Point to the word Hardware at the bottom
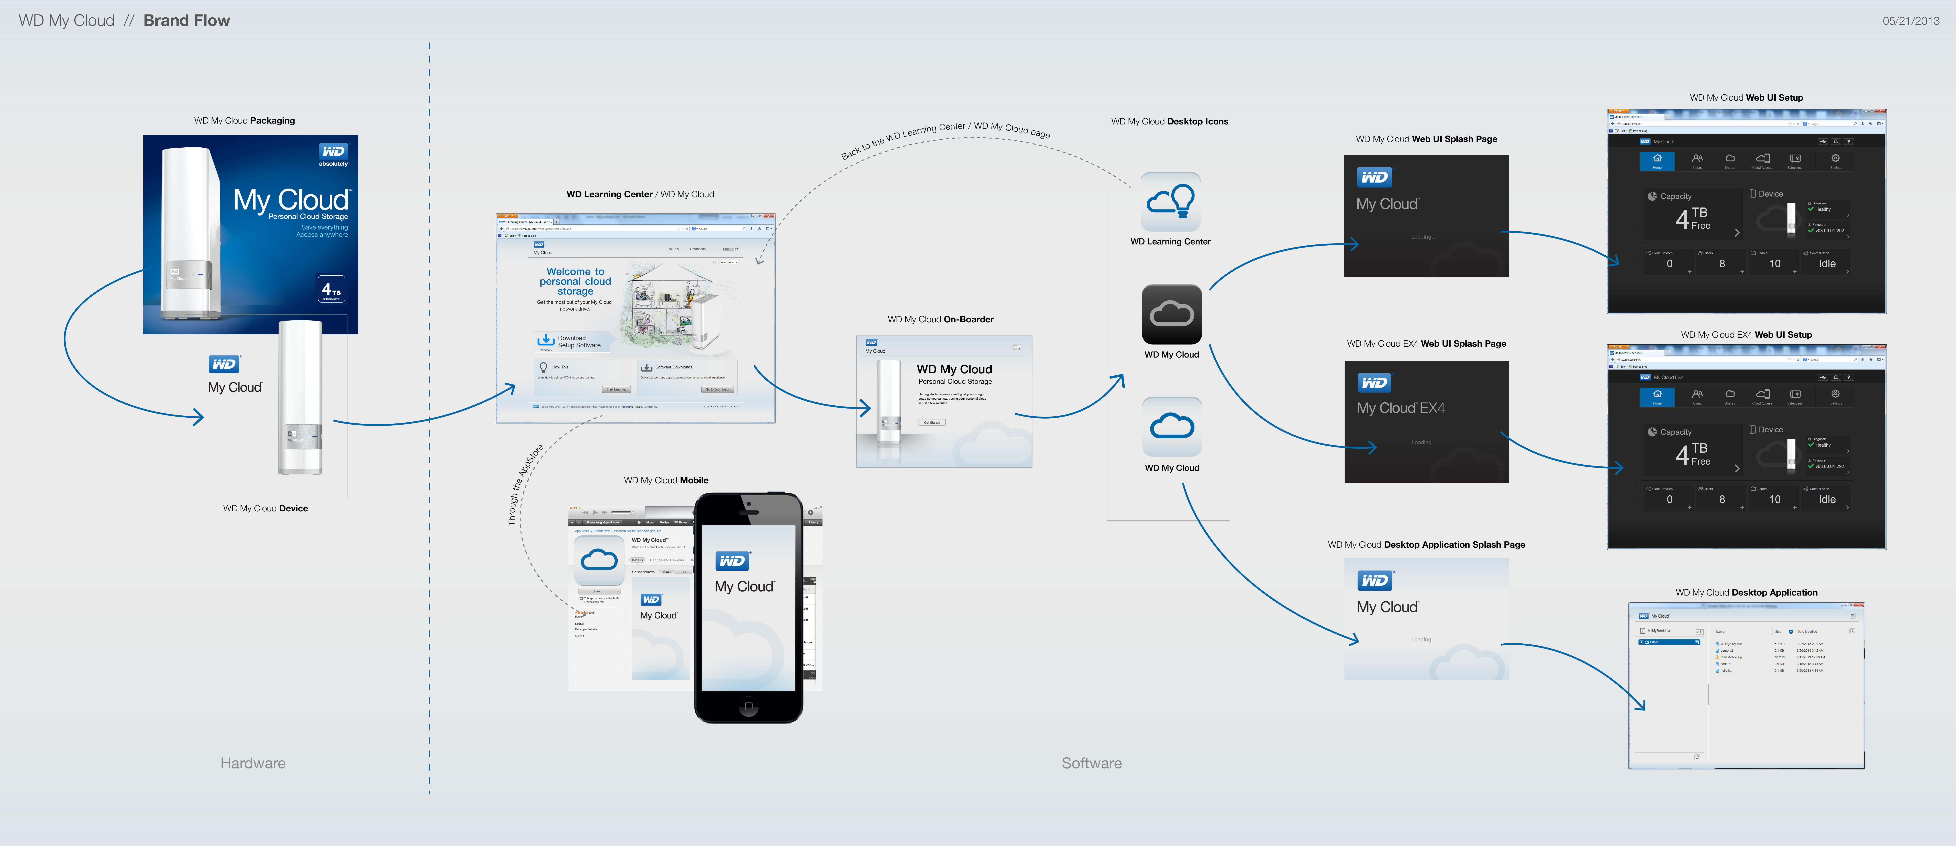pos(253,763)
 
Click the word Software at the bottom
pos(1091,763)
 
